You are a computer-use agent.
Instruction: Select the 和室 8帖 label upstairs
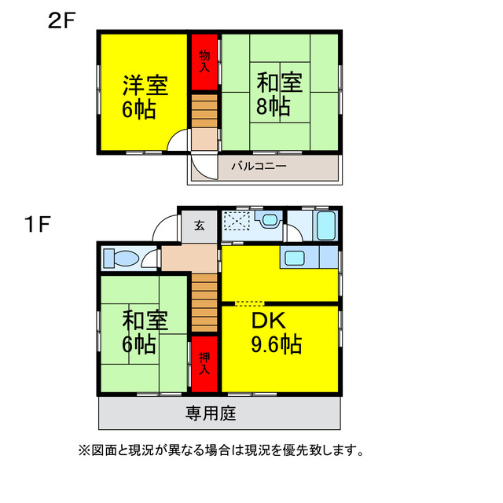point(280,94)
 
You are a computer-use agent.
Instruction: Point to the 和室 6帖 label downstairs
point(144,332)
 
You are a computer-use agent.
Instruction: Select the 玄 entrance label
point(200,226)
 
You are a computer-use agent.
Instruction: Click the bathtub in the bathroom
point(325,226)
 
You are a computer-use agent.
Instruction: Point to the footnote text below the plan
point(220,451)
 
